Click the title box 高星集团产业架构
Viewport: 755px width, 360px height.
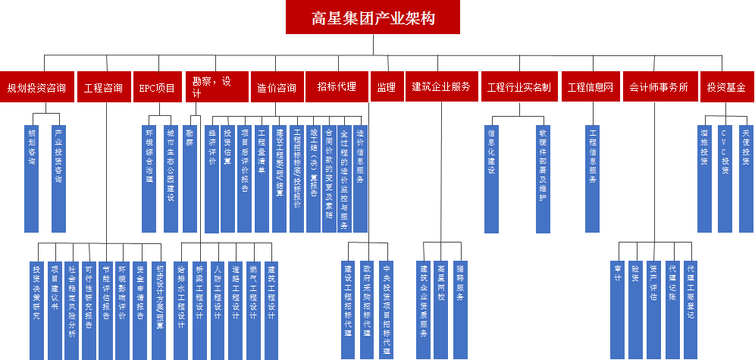(x=373, y=17)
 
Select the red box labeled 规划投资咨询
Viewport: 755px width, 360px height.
(x=36, y=87)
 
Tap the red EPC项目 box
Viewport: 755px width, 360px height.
(x=157, y=87)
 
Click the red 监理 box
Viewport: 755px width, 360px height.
(x=386, y=87)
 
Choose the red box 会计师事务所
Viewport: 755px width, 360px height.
(x=658, y=87)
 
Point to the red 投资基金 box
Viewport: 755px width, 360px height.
(x=726, y=87)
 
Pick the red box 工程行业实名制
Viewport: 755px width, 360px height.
(x=519, y=87)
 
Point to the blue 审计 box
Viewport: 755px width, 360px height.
(x=617, y=299)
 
